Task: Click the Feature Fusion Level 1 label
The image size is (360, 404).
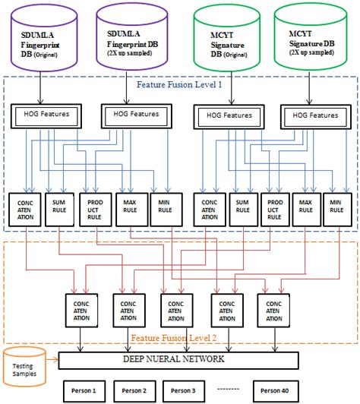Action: point(179,84)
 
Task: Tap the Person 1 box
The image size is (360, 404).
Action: point(83,390)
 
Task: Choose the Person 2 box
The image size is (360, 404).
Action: point(134,390)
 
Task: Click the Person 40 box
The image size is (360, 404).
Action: point(274,390)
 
